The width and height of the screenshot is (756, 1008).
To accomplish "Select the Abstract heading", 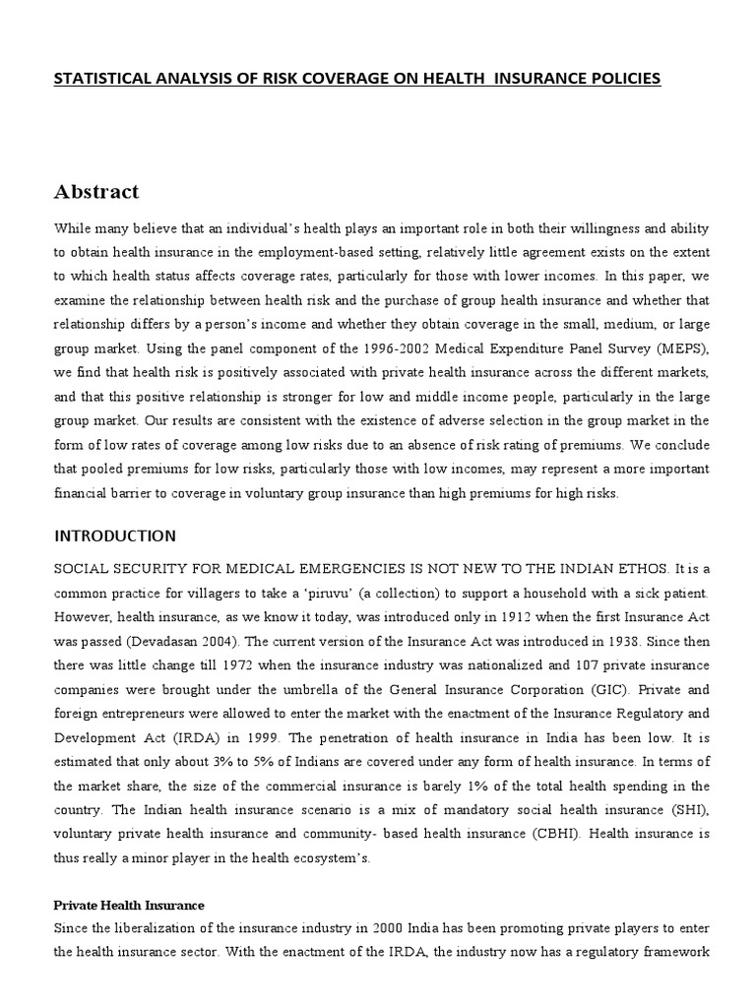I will (x=95, y=191).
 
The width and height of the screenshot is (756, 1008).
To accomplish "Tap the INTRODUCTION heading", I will (x=115, y=536).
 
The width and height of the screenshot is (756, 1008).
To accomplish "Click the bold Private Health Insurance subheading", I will (x=128, y=905).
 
